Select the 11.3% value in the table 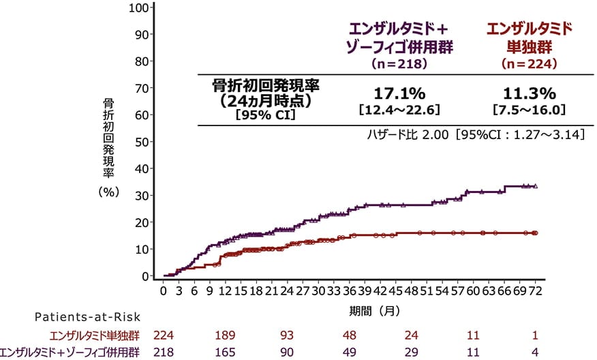click(x=529, y=93)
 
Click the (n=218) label click(x=398, y=63)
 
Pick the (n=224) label click(x=529, y=63)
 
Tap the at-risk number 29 click(x=410, y=352)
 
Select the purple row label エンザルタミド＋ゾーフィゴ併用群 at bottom click(x=71, y=352)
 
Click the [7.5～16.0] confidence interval click(x=529, y=108)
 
